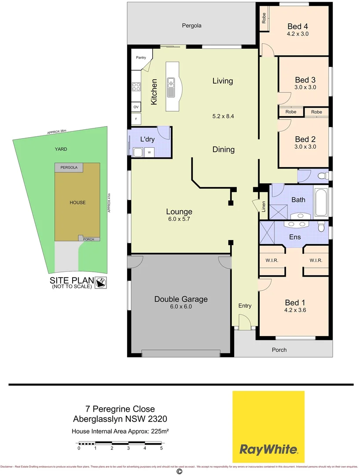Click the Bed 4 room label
click(297, 26)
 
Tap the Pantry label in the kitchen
click(141, 58)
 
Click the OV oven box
click(136, 107)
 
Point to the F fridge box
click(136, 119)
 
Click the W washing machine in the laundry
click(150, 153)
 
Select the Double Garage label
click(180, 299)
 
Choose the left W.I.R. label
click(272, 260)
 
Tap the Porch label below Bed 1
click(279, 350)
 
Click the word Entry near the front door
click(245, 306)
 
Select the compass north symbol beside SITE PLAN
click(101, 282)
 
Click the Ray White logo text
click(268, 449)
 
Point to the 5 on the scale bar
click(162, 448)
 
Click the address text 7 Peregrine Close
click(120, 409)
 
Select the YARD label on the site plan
click(61, 149)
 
